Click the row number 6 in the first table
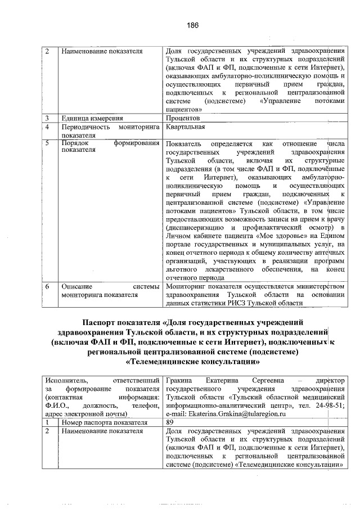coord(48,286)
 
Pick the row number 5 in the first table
coord(48,144)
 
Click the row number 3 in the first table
coord(48,119)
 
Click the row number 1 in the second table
coord(48,422)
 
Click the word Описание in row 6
coord(77,286)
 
